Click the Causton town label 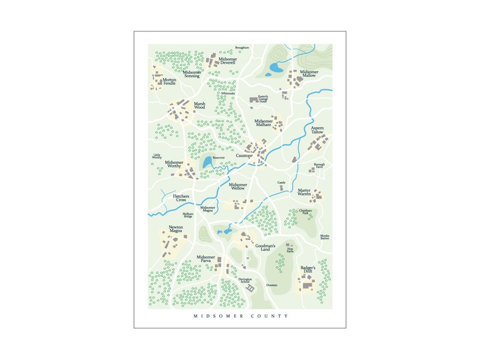(x=244, y=155)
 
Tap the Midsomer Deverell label (x=227, y=61)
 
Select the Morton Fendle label (x=169, y=81)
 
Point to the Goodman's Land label (x=265, y=247)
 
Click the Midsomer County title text (x=241, y=316)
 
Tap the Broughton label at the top (x=242, y=47)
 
